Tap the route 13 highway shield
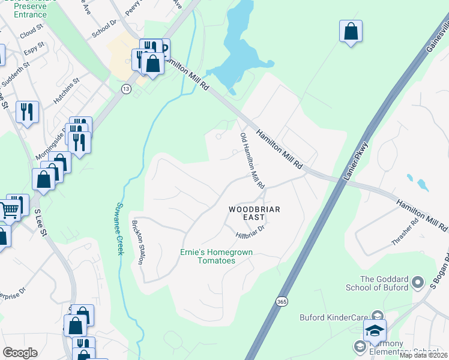click(x=125, y=89)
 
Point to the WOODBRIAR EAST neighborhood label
click(x=255, y=214)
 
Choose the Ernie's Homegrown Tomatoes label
click(x=216, y=257)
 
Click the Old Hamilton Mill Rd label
click(x=252, y=161)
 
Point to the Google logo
click(x=20, y=353)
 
